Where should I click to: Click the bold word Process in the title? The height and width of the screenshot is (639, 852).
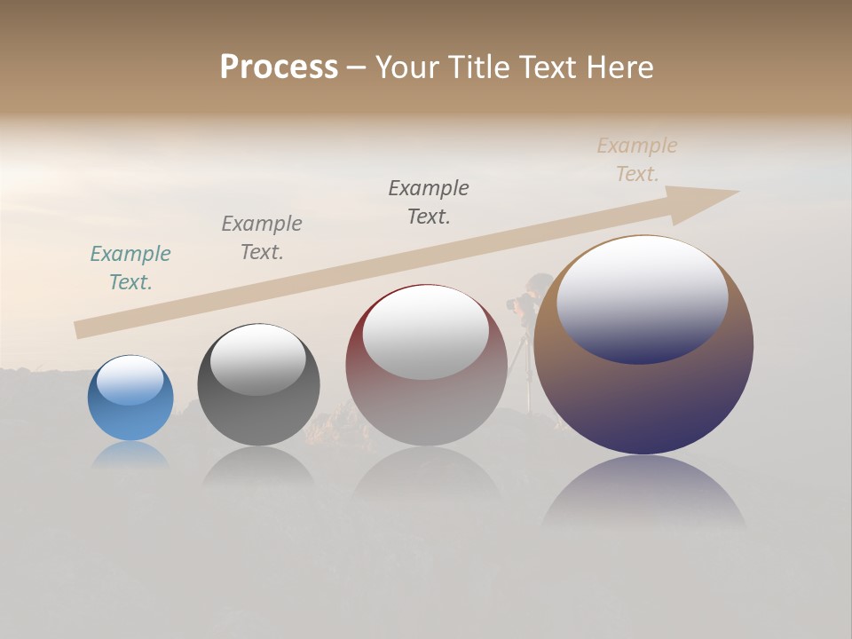tap(279, 67)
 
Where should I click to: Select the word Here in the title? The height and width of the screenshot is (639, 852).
tap(619, 67)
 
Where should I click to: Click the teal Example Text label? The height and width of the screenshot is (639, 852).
tap(130, 268)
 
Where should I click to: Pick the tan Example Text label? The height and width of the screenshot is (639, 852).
tap(637, 160)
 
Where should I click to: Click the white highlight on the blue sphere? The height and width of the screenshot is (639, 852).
tap(130, 380)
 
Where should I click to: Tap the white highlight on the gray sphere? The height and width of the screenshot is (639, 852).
tap(257, 359)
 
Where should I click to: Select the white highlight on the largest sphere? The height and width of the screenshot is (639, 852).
tap(642, 297)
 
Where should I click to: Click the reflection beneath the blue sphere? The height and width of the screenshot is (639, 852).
tap(130, 454)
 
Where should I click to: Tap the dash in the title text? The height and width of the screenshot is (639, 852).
tap(356, 67)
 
